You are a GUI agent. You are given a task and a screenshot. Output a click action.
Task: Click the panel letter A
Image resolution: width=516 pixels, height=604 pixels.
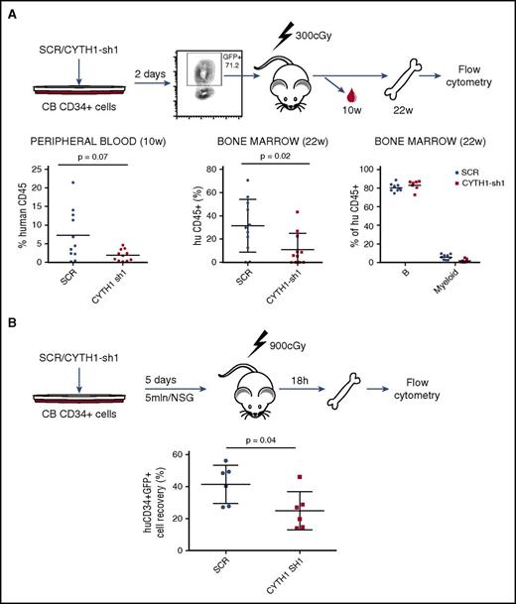(12, 12)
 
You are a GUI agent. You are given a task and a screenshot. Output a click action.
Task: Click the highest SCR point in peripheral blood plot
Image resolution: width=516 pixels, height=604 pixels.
(72, 182)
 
